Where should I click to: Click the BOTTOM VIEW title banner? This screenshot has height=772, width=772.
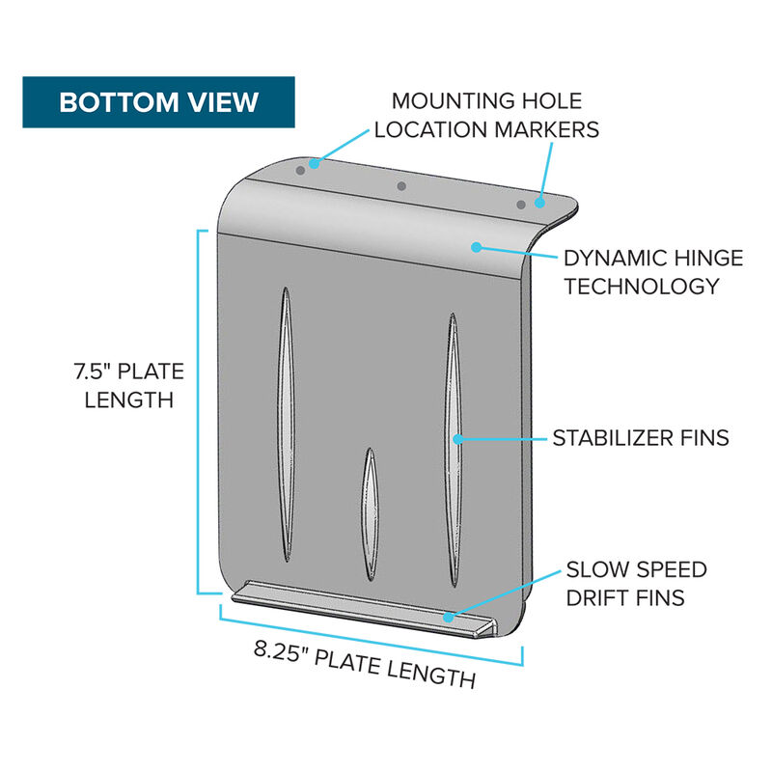point(158,102)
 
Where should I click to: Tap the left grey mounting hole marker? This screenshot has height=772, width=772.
point(300,171)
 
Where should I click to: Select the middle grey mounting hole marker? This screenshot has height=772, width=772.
point(401,186)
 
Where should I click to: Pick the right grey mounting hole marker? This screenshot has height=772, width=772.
point(521,205)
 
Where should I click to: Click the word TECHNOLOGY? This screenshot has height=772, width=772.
point(642,286)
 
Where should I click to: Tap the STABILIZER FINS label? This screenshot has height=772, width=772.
point(641,438)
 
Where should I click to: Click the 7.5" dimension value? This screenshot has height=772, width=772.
point(91,372)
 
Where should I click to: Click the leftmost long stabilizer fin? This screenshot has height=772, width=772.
point(286,425)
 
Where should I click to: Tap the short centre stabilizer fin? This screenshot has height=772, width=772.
point(370,514)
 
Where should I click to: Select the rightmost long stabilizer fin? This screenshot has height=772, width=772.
point(453,450)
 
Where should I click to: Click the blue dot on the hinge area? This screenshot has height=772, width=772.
point(476,247)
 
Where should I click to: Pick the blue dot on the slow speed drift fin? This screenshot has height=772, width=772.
point(448,617)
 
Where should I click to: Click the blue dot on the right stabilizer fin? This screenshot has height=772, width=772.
point(457,439)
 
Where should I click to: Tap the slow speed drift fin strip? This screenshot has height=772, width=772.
point(365,609)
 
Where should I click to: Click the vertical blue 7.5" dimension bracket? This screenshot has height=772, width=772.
point(199,412)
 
